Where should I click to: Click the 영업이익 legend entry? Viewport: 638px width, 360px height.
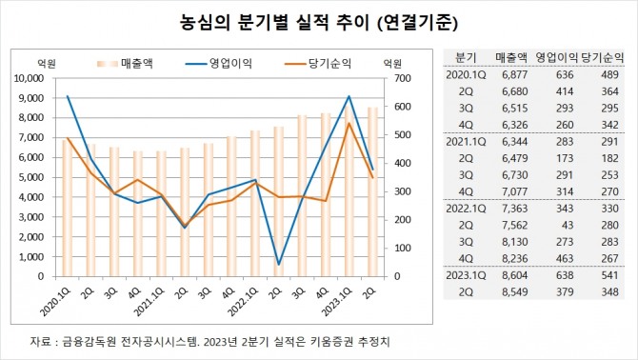[x=221, y=63]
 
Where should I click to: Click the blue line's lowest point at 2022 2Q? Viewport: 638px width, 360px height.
[x=278, y=264]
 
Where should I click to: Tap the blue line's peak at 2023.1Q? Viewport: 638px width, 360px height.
[x=349, y=96]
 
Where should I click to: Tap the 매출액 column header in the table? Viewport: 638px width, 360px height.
[x=512, y=56]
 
